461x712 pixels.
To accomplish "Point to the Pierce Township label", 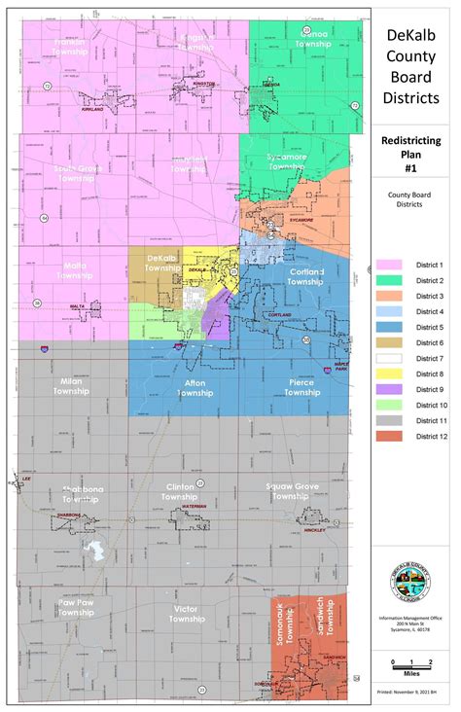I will [x=302, y=387].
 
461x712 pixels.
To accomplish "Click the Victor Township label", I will [x=186, y=613].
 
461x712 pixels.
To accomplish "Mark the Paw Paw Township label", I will [x=75, y=608].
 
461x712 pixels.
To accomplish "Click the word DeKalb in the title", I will [x=411, y=35].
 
